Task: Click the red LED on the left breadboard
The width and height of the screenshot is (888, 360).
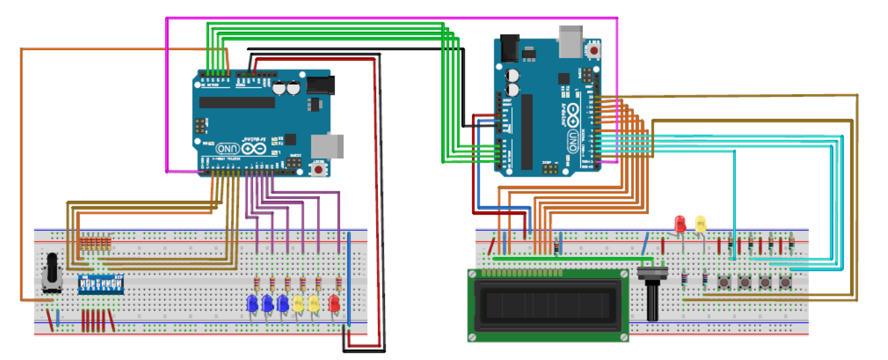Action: click(x=333, y=303)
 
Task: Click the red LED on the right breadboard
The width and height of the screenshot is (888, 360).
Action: click(x=680, y=223)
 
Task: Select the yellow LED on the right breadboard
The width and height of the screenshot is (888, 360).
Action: click(x=700, y=223)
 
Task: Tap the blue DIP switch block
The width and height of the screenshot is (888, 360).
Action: click(x=101, y=284)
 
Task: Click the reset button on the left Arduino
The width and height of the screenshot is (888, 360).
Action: click(x=319, y=169)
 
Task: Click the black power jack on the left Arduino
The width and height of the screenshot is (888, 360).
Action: click(x=321, y=85)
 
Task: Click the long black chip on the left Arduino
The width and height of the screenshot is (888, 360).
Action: click(x=237, y=102)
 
